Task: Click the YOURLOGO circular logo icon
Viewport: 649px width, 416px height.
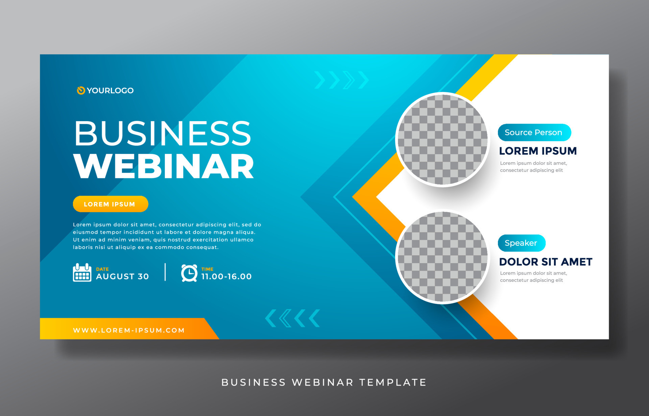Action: (81, 90)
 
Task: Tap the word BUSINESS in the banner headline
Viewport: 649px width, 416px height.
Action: (163, 133)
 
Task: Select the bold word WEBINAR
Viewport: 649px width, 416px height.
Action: (164, 166)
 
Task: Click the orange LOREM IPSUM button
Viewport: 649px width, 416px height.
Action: (111, 204)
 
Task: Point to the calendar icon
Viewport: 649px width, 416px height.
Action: (82, 272)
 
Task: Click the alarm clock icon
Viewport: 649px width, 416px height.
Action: (189, 273)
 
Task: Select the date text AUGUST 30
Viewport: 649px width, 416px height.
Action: (122, 277)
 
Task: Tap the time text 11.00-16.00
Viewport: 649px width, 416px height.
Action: (226, 277)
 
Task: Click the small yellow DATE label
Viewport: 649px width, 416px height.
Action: (102, 269)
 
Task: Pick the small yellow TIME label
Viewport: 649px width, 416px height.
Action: (207, 269)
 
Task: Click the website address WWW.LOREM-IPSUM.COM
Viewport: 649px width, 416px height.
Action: (129, 330)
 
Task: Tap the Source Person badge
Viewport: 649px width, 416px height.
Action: (534, 132)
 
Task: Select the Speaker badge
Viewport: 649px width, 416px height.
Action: (522, 243)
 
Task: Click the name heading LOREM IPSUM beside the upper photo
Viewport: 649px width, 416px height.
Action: (538, 151)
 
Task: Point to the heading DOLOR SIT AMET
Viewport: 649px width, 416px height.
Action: (546, 262)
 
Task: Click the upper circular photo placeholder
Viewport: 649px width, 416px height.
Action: (442, 139)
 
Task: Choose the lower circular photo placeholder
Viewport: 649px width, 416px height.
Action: (442, 257)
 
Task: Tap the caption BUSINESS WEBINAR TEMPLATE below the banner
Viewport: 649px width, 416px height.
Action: (324, 382)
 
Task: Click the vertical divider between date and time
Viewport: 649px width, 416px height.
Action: (165, 272)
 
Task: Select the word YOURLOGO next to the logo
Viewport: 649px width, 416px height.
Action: (110, 90)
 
